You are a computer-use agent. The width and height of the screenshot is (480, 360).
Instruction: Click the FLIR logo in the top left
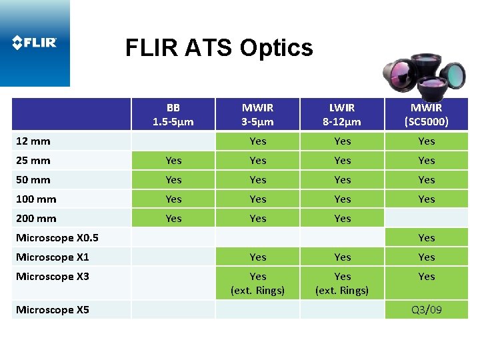coord(35,43)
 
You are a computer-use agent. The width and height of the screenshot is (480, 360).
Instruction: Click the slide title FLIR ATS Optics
coord(219,48)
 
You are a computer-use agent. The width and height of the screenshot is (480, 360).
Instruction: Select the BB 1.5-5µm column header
coord(173,115)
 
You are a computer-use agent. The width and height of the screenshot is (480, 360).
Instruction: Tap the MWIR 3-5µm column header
coord(257,115)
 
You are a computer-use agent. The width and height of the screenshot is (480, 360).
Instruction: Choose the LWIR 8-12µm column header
coord(342,115)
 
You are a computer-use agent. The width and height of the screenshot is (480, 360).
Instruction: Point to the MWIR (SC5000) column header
coord(426,115)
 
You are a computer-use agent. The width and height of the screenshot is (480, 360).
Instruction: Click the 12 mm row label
coord(33,141)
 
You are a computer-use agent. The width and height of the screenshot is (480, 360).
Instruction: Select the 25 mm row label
coord(33,161)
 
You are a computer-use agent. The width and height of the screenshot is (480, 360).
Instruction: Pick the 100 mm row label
coord(36,199)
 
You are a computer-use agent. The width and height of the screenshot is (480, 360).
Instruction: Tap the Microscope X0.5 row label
coord(57,238)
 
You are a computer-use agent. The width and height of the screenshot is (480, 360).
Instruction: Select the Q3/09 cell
coord(426,310)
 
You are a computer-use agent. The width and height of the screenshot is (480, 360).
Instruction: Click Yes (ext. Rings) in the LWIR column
coord(342,283)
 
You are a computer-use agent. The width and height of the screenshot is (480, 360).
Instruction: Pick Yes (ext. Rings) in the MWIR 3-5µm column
coord(257,283)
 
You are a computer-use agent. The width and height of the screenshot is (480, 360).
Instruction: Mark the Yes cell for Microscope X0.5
coord(426,238)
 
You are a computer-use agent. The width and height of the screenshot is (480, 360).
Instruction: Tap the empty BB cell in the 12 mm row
coord(173,141)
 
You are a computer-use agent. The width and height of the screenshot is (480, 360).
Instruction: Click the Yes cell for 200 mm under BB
coord(173,219)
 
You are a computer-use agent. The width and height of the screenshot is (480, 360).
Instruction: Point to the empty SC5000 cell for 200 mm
coord(426,219)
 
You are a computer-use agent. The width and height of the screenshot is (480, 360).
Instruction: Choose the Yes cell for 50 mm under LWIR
coord(342,180)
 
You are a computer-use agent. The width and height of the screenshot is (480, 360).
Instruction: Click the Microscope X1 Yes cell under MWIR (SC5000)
coord(426,257)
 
